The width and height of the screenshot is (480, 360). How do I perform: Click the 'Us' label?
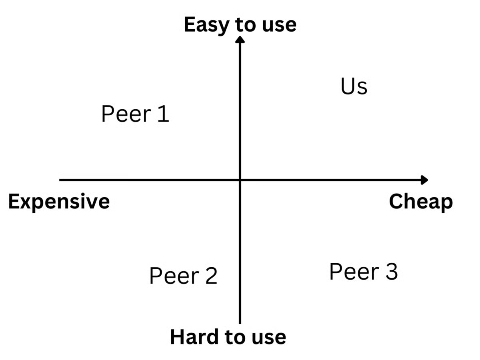[x=354, y=86]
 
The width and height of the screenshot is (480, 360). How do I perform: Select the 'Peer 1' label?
[x=135, y=114]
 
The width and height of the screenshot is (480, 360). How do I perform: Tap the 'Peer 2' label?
[x=183, y=276]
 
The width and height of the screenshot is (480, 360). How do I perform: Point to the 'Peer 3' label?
[x=364, y=272]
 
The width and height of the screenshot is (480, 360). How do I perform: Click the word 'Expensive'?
[x=59, y=202]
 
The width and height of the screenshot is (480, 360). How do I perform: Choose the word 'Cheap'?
[x=421, y=202]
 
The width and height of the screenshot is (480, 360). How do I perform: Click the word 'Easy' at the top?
[x=207, y=25]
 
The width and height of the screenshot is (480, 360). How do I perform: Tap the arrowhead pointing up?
[x=240, y=40]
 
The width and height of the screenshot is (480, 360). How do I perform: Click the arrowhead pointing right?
[x=424, y=180]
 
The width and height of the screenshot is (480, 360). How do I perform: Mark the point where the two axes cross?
[x=240, y=180]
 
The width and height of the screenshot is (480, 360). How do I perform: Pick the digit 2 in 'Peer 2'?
[x=211, y=276]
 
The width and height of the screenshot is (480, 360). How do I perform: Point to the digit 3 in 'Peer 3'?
[x=392, y=272]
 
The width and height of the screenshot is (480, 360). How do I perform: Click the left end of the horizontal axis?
[x=60, y=180]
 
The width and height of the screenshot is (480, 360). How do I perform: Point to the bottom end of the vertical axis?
[x=240, y=324]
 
